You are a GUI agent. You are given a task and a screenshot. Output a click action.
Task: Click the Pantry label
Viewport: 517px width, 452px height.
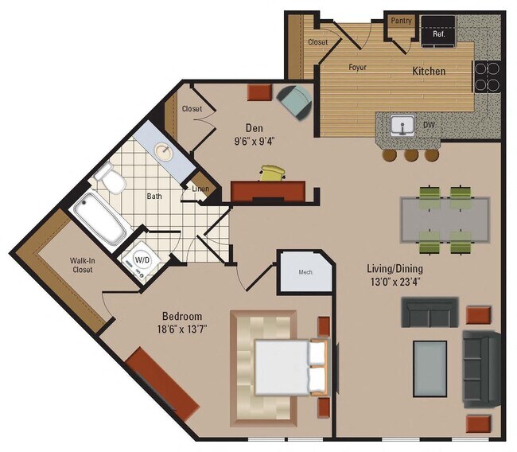(402, 21)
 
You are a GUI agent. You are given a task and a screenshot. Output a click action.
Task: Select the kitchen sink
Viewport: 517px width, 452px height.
(403, 125)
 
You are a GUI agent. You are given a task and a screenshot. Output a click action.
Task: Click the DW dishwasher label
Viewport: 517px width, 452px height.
(428, 125)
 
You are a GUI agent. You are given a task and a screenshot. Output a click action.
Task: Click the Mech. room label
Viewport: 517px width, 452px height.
(305, 272)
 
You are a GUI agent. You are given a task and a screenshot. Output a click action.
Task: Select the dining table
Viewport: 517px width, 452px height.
(445, 219)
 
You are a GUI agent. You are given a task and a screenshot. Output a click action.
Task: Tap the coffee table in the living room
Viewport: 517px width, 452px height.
(430, 366)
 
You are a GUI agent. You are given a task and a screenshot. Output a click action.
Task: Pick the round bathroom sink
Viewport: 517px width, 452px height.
(165, 151)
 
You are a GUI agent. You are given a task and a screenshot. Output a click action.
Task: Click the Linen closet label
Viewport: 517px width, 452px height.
(201, 189)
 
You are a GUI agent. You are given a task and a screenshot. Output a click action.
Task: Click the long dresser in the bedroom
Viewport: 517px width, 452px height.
(161, 383)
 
